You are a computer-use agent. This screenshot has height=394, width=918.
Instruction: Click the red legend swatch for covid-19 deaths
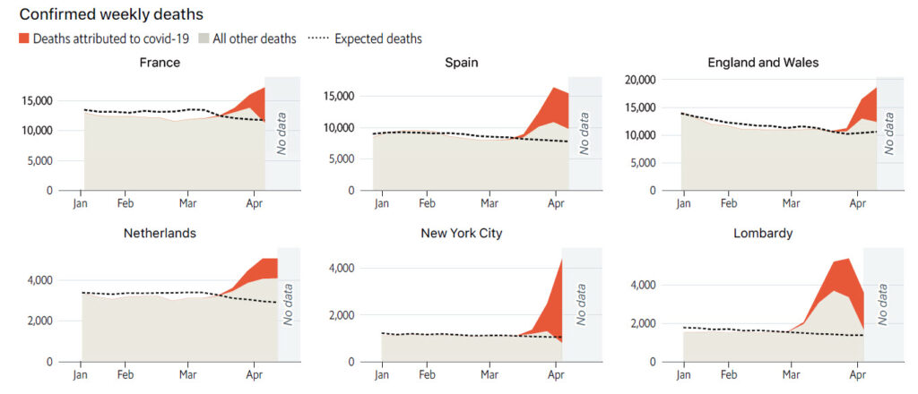(23, 39)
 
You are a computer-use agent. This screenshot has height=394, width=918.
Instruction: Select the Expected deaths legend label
(377, 39)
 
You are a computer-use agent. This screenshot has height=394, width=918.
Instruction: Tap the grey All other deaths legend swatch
(204, 39)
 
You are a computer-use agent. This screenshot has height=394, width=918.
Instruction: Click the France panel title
(160, 63)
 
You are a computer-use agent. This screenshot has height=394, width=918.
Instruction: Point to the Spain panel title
(461, 63)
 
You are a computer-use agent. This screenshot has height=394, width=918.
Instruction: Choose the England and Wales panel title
(762, 63)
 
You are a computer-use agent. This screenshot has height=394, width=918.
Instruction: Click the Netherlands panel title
(160, 234)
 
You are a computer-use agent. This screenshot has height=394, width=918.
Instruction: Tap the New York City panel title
(461, 234)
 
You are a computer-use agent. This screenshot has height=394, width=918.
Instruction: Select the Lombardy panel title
(762, 234)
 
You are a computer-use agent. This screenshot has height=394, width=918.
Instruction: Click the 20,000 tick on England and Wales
(638, 80)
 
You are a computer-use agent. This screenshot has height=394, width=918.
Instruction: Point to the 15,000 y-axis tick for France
(36, 100)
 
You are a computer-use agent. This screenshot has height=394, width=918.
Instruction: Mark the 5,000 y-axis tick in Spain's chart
(340, 159)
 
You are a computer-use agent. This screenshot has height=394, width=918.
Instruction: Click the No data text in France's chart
(277, 134)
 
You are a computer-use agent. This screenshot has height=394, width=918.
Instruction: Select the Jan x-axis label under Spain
(381, 203)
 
